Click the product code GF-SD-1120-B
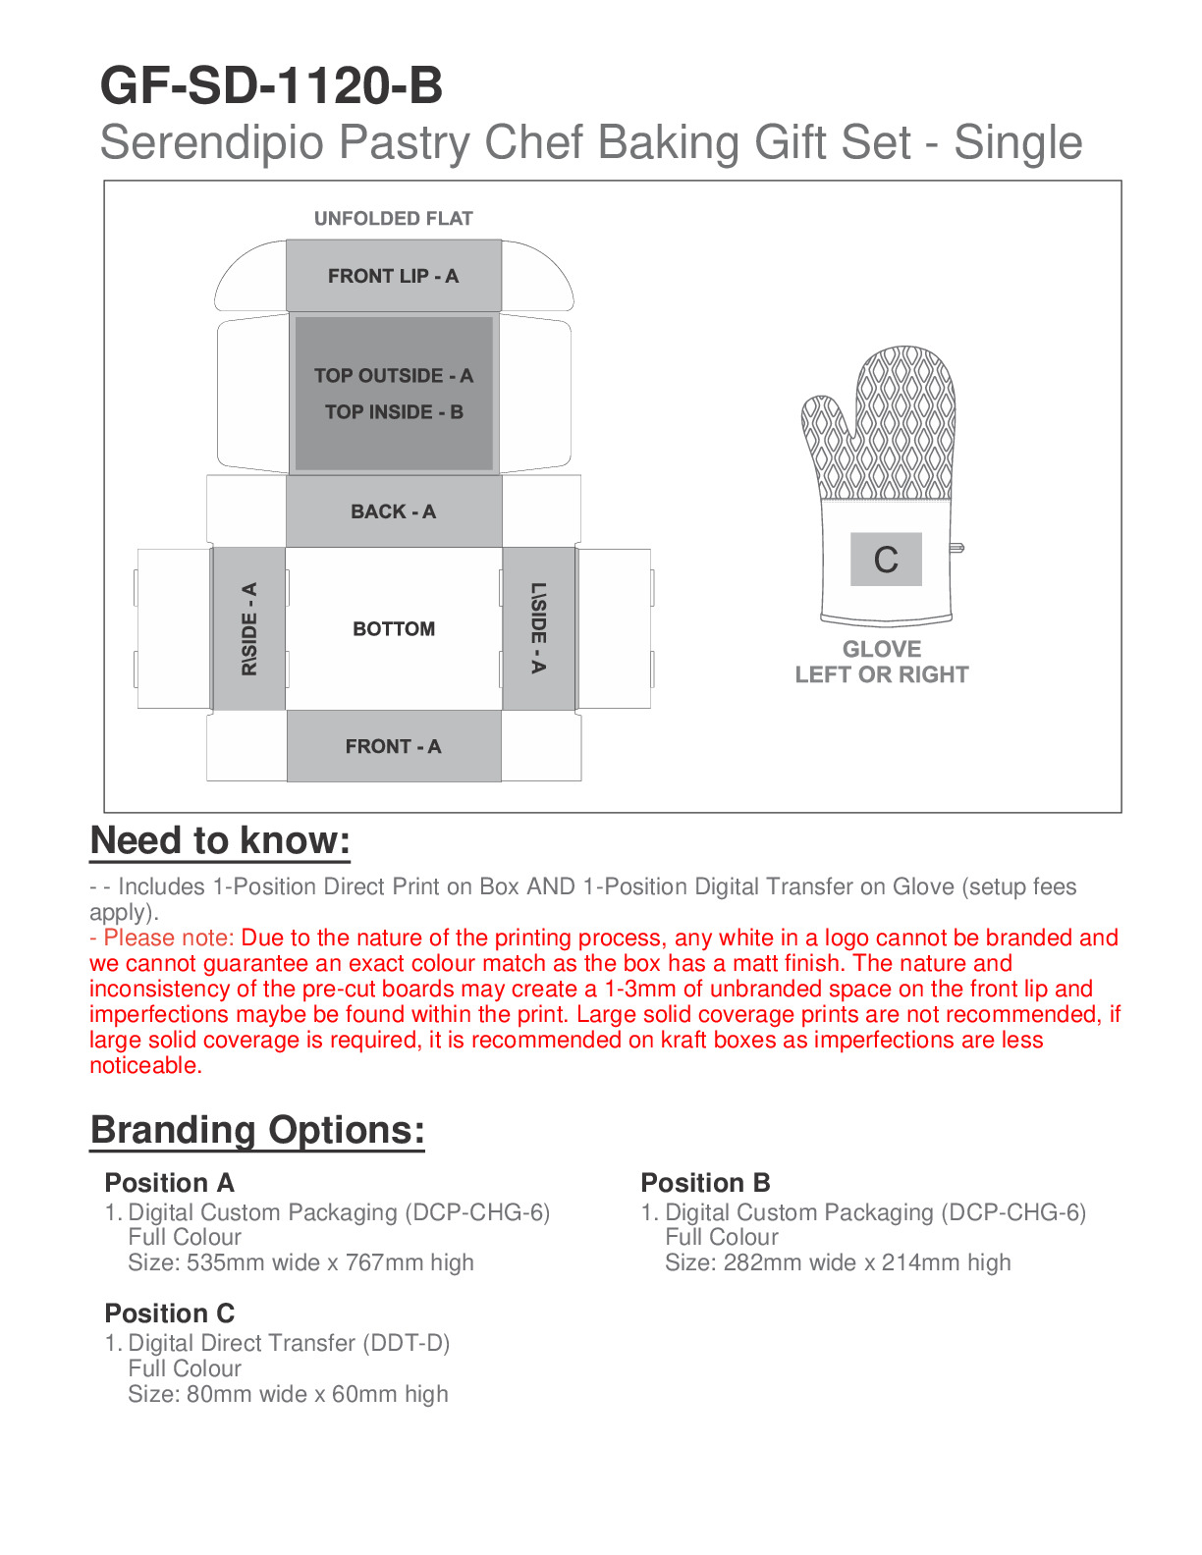[x=271, y=86]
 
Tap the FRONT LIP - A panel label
[x=393, y=276]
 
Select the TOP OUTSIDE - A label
[x=393, y=375]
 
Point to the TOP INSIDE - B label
[x=394, y=412]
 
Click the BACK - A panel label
[x=393, y=511]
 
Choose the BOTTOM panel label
[x=394, y=628]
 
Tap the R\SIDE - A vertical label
[x=249, y=629]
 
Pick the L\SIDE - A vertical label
[x=538, y=628]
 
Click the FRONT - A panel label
[x=393, y=746]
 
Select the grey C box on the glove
[x=886, y=560]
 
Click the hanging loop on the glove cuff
[x=956, y=548]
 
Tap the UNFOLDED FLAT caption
[x=393, y=218]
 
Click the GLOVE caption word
[x=882, y=649]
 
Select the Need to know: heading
[x=220, y=841]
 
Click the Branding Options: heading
[x=257, y=1130]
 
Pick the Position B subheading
[x=705, y=1182]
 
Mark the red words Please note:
[x=169, y=938]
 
